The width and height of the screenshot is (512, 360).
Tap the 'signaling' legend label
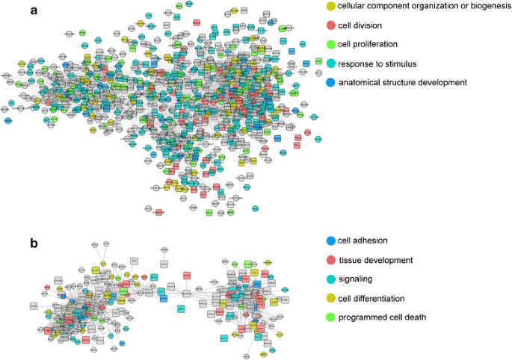(x=358, y=279)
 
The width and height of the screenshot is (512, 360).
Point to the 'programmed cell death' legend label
(x=382, y=317)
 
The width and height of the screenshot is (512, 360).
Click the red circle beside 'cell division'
(x=330, y=25)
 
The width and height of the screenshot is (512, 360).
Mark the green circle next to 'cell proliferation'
(x=330, y=44)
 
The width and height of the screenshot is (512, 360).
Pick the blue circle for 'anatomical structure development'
(x=330, y=81)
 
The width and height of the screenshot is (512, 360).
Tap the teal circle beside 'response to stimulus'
(x=330, y=63)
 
